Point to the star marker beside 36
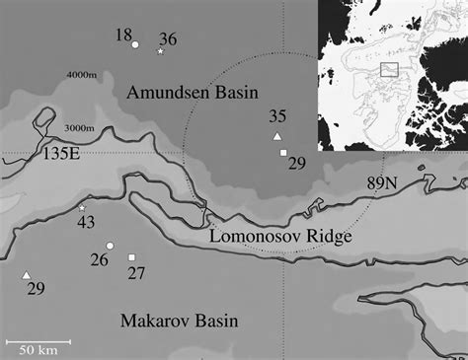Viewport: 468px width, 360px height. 160,50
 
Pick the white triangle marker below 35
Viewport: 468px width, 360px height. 277,135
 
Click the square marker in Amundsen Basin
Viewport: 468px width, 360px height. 283,153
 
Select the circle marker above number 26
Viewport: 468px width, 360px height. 111,245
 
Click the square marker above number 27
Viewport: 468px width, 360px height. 131,257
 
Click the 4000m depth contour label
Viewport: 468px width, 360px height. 86,75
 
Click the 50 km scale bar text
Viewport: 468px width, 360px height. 40,349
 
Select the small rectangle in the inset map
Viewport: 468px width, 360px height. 389,68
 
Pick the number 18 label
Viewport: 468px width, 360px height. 123,36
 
